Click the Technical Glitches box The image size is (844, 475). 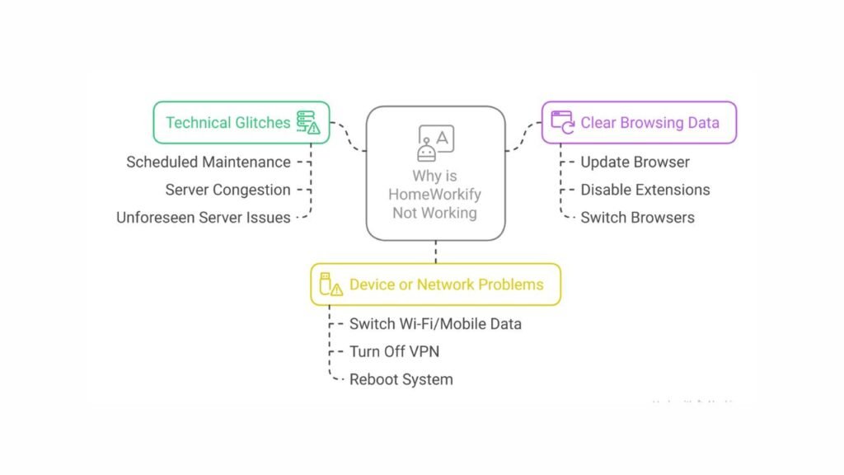(241, 123)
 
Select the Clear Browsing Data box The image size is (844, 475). (639, 123)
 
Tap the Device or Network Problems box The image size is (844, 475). (435, 285)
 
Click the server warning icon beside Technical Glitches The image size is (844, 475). (308, 123)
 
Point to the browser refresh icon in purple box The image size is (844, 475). (564, 122)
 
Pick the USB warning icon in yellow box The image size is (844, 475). (331, 285)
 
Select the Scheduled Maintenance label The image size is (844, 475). (209, 162)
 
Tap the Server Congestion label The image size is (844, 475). (227, 190)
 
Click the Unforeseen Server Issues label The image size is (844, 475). (204, 218)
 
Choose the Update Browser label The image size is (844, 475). (635, 162)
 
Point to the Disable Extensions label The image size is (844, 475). (645, 190)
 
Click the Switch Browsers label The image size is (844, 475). (637, 218)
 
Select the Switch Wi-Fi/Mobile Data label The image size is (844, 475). (435, 323)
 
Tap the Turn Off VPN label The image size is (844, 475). (394, 351)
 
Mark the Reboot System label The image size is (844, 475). (401, 379)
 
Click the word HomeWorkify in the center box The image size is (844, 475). (435, 195)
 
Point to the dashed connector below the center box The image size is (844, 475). (435, 252)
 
